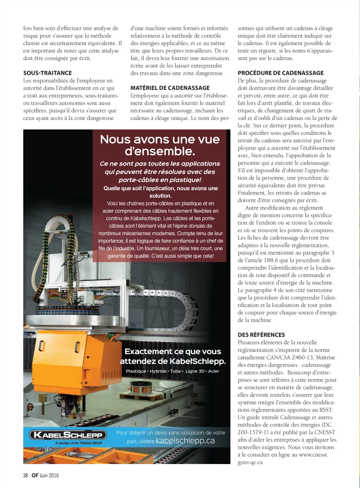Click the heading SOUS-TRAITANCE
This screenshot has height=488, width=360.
tap(47, 73)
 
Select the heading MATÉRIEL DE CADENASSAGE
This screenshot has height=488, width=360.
tap(170, 88)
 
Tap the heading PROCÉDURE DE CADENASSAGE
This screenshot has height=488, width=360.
tap(281, 73)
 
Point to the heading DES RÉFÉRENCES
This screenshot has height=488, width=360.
tap(261, 335)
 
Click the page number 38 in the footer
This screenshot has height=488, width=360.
tap(25, 475)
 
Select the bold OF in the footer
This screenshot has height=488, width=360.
tap(35, 475)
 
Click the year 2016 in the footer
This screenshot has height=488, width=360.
tap(54, 475)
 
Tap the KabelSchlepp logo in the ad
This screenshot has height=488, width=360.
tap(68, 435)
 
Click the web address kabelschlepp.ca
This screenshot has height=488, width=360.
tap(185, 441)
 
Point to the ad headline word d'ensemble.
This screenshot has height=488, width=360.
tap(160, 152)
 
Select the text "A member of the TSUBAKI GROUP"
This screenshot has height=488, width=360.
tap(79, 443)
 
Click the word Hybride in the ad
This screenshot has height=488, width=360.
tap(158, 371)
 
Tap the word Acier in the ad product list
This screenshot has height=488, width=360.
tap(213, 371)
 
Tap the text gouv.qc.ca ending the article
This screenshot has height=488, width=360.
tap(250, 462)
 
